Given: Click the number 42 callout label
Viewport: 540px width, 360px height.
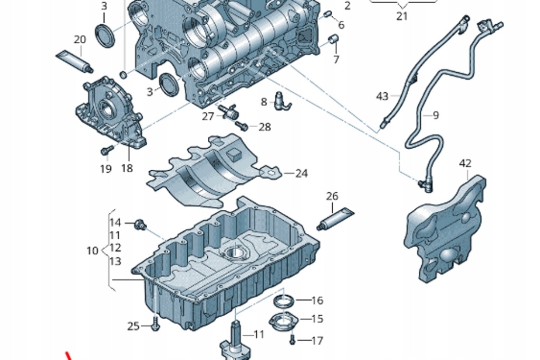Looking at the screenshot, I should point(465,163).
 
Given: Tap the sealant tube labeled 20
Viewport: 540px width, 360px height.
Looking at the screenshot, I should point(74,62).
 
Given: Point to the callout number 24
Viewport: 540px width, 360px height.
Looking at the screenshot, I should point(301,173).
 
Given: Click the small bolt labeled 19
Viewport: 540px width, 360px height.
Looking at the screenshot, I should point(106,151).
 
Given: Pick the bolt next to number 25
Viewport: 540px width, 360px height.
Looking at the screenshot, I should point(155,327).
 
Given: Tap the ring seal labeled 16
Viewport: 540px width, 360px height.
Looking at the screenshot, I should point(284,301).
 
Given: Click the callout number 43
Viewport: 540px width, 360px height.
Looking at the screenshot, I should point(382,96).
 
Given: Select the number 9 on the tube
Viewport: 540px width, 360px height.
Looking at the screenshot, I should point(436,115).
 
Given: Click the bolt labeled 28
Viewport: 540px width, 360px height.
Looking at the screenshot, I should point(242,126).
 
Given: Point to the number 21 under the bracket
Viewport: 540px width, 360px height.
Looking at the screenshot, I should point(402,16).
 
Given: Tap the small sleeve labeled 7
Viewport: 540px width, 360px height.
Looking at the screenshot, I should point(333,40).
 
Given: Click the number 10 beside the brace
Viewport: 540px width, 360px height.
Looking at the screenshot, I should point(92,250).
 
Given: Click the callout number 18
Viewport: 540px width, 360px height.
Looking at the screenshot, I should point(127,168).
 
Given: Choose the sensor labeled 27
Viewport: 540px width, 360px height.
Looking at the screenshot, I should point(229,112).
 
